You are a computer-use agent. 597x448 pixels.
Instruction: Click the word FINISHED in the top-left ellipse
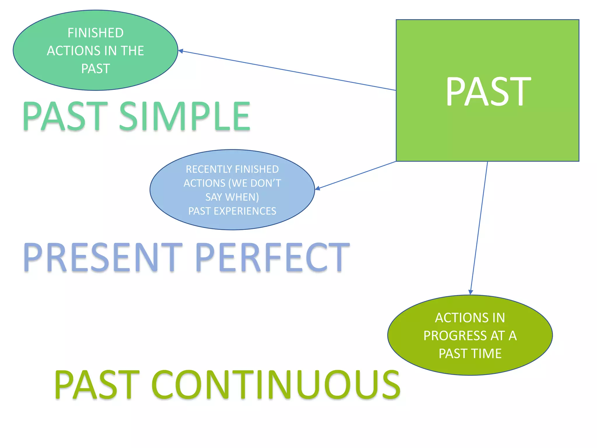pyautogui.click(x=96, y=33)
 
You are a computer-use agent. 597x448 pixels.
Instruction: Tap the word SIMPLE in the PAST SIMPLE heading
pyautogui.click(x=185, y=116)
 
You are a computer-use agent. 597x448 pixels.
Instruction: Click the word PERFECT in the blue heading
pyautogui.click(x=272, y=258)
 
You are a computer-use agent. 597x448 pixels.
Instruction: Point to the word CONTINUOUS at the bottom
pyautogui.click(x=276, y=385)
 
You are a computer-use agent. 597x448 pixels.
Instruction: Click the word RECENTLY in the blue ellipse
pyautogui.click(x=210, y=169)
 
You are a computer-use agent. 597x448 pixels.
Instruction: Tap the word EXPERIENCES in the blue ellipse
pyautogui.click(x=245, y=211)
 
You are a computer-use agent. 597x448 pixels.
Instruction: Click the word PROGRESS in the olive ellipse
pyautogui.click(x=455, y=336)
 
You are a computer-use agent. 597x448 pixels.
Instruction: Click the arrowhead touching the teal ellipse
pyautogui.click(x=180, y=51)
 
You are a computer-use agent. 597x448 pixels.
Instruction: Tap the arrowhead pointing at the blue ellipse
pyautogui.click(x=318, y=188)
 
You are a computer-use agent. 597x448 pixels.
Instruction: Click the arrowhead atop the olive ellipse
pyautogui.click(x=470, y=292)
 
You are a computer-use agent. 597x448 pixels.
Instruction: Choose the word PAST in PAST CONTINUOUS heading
pyautogui.click(x=97, y=385)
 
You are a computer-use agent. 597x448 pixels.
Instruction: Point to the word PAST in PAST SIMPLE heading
pyautogui.click(x=65, y=116)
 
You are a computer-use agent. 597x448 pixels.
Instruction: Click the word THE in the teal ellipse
pyautogui.click(x=133, y=51)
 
